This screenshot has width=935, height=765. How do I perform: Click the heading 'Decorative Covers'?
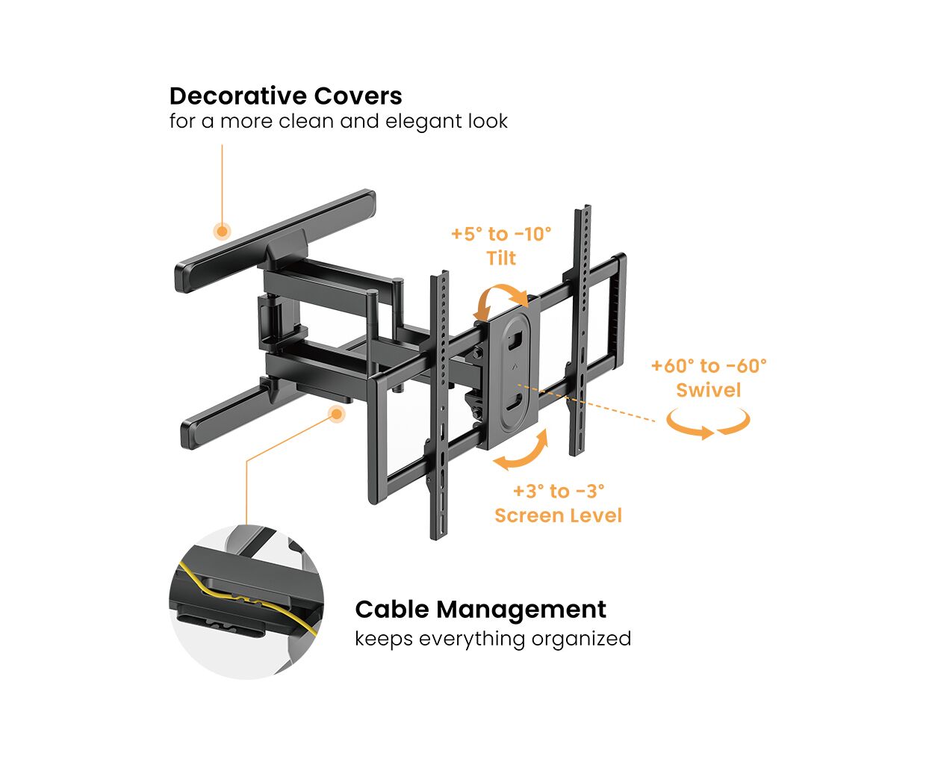coord(285,96)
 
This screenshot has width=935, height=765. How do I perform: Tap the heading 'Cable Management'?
coord(480,609)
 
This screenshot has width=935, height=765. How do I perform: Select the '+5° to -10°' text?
coord(500,234)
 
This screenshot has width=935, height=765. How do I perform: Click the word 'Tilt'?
coord(501,258)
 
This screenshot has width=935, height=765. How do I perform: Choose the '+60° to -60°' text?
coord(708,366)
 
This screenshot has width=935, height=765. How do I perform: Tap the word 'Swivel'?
coord(708,390)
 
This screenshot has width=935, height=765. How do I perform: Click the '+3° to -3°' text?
coord(558,491)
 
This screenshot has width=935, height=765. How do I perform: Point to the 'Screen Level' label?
coord(558,515)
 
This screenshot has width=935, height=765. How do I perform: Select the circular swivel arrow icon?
coord(708,424)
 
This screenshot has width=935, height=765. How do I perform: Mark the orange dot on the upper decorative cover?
coord(221,231)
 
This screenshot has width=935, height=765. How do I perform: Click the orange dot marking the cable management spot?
coord(338,413)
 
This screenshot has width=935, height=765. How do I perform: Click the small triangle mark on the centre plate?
coord(514,367)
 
